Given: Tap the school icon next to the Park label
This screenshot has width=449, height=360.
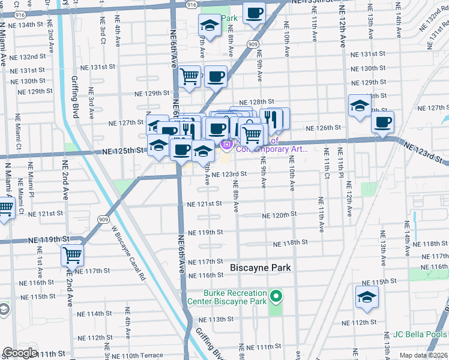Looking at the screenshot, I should coord(209,25).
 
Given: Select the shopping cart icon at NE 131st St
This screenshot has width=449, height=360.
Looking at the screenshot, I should coord(190,76).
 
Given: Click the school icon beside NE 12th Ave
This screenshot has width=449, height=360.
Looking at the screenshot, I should coord(360,106).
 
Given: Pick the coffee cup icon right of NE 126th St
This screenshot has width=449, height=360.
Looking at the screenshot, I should coord(382,122).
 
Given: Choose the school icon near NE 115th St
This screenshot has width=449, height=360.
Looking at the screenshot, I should coord(367,297).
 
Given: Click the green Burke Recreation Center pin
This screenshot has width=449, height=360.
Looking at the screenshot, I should coord(276,296).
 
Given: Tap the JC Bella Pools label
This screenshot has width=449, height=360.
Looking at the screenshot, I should coord(420,334).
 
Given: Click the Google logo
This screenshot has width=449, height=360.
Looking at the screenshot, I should coord(19,353).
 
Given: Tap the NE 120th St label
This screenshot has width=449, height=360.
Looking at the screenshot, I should coord(280,215).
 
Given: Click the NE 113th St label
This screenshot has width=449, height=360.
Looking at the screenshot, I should coord(215,319).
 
